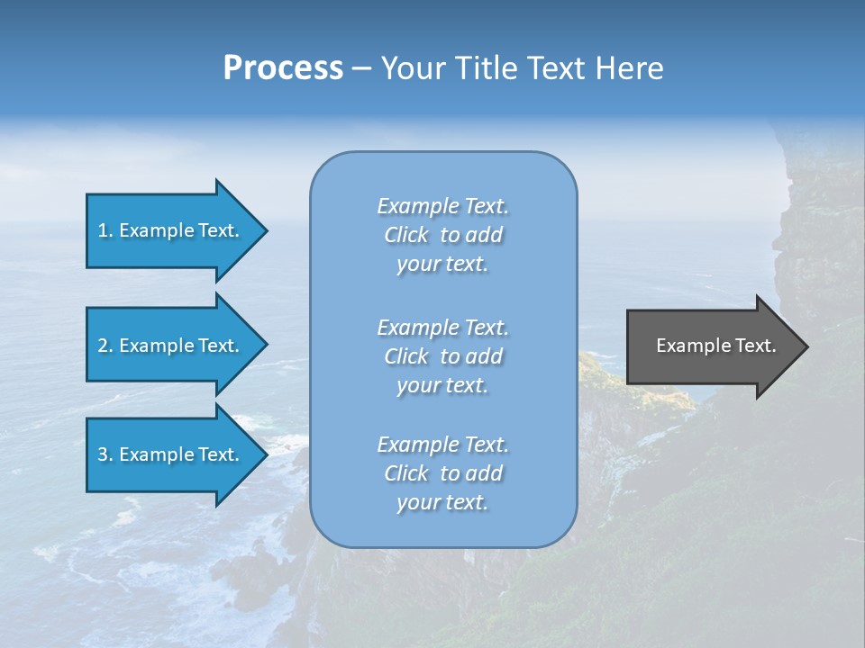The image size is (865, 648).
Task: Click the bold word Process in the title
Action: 283,67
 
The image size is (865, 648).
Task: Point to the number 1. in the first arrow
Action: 105,230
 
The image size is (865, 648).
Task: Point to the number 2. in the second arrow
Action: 105,346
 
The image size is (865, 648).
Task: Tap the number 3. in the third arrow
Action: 105,454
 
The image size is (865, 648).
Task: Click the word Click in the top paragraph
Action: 406,235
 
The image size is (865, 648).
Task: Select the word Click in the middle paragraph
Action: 406,356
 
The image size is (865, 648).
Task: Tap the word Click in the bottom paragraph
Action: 406,473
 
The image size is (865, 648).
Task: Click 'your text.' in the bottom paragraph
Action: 442,502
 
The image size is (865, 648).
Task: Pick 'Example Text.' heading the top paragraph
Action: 442,206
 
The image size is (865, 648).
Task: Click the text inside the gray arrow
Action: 715,346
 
